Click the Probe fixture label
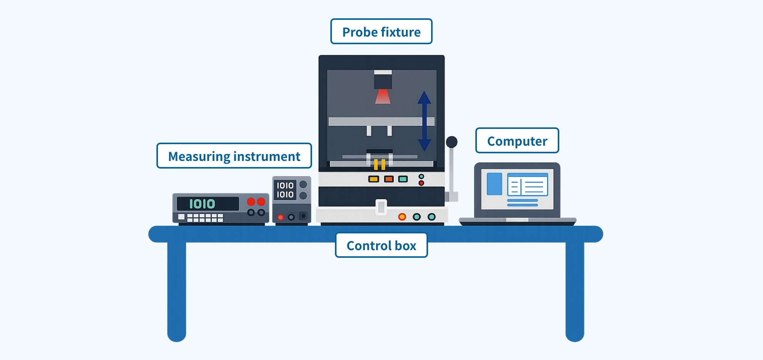click(x=381, y=31)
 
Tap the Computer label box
click(x=517, y=140)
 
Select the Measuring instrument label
click(x=234, y=156)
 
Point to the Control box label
click(x=381, y=245)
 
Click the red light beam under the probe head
click(x=383, y=96)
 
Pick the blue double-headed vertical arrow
click(x=424, y=121)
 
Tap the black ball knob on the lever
click(x=452, y=142)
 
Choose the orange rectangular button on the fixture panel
click(x=389, y=179)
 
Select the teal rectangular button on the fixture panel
click(x=403, y=179)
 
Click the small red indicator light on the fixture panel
click(x=421, y=183)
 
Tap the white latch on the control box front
click(x=381, y=207)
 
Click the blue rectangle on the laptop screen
click(x=494, y=184)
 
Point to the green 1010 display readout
click(x=202, y=204)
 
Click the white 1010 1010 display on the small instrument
click(x=285, y=190)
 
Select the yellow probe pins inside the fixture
click(x=379, y=164)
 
